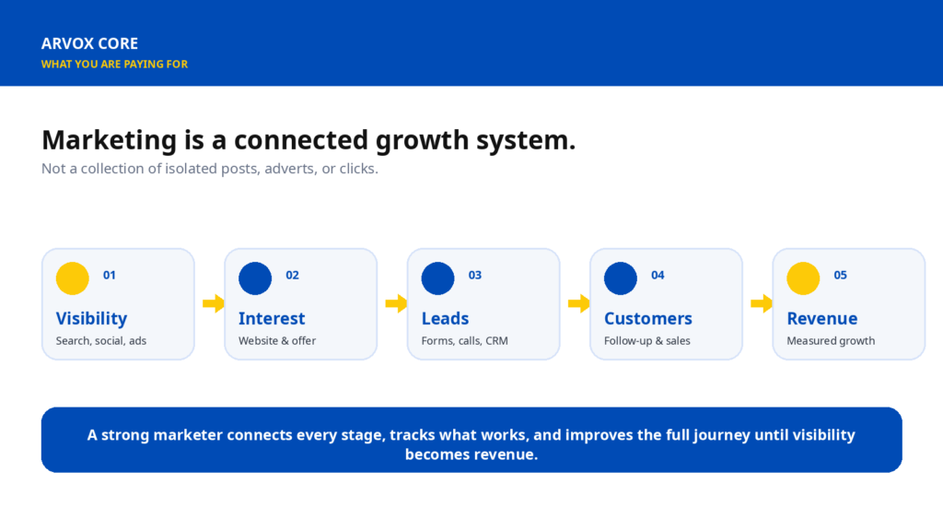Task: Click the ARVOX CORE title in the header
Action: [89, 43]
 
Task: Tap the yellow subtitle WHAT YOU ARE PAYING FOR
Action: [114, 64]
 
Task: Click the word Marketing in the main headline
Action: [110, 140]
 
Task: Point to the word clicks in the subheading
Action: [358, 169]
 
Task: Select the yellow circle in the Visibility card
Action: [72, 278]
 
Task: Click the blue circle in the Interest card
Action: [255, 278]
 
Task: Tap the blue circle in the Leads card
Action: [437, 278]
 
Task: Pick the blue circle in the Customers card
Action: [621, 278]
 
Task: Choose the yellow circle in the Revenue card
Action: [803, 278]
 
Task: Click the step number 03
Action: [475, 275]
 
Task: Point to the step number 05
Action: [840, 275]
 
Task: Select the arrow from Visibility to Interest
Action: [214, 302]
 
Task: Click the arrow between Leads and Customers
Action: [578, 302]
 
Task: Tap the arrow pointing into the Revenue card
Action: [762, 302]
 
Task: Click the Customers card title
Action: [648, 318]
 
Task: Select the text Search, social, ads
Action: [101, 341]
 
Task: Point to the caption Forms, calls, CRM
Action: [465, 341]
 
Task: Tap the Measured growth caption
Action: [832, 341]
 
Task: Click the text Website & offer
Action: [277, 341]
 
